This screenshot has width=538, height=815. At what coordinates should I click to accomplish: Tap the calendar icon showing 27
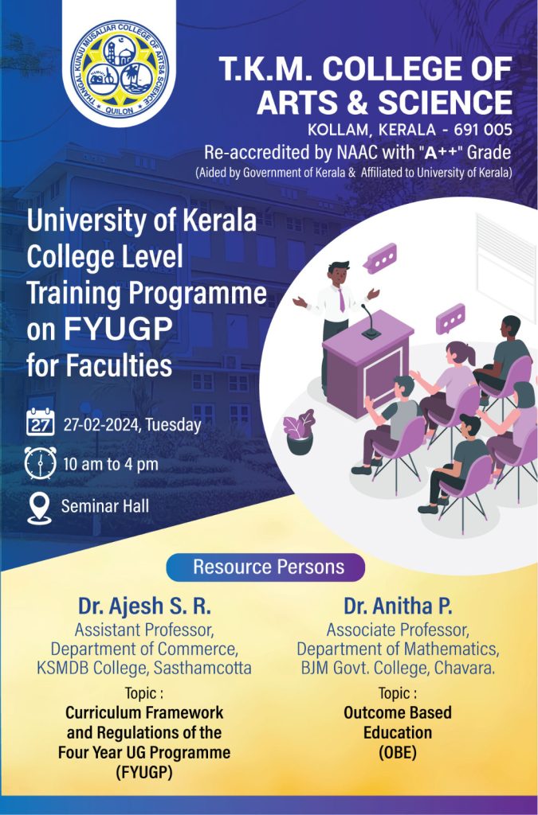coord(40,422)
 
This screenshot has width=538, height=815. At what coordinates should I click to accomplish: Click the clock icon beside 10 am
coord(40,462)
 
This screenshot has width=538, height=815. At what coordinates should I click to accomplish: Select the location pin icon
coord(39,507)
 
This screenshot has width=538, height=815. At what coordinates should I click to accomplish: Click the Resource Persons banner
coord(265,567)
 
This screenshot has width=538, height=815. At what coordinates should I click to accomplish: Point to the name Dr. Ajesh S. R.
coord(144,606)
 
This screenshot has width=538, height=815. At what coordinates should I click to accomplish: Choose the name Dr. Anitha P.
coord(398,606)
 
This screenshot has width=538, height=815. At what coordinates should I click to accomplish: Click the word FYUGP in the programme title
coord(118,329)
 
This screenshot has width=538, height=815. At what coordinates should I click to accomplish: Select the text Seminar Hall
coord(105,505)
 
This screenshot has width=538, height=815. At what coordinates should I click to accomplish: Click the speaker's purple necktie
coord(341,300)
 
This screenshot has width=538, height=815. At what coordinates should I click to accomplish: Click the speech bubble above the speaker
coord(380,259)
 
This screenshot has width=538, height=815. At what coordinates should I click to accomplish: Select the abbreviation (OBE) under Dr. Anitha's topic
coord(398,752)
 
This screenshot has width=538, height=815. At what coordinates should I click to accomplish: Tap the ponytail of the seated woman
coord(469,354)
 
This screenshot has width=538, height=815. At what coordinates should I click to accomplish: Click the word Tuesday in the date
coord(173,425)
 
